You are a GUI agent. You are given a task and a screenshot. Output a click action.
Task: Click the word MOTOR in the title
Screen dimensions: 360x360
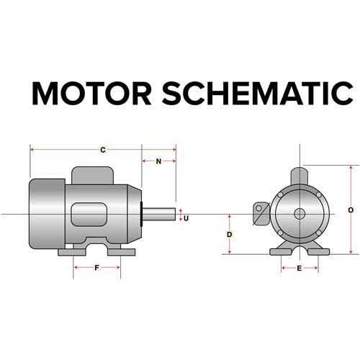pyautogui.click(x=91, y=94)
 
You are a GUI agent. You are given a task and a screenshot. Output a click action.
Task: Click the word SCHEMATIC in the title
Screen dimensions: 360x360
pyautogui.click(x=258, y=94)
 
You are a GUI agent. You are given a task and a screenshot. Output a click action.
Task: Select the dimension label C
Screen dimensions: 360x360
pyautogui.click(x=103, y=150)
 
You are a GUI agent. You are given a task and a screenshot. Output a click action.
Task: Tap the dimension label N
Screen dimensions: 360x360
pyautogui.click(x=158, y=161)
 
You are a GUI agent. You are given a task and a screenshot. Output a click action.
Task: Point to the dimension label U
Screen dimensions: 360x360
pyautogui.click(x=186, y=218)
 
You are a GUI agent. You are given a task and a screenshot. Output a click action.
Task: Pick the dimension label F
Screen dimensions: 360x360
pyautogui.click(x=96, y=268)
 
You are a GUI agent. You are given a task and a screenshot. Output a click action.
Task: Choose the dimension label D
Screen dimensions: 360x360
pyautogui.click(x=230, y=235)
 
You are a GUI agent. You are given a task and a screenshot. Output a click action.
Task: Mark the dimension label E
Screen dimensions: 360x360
pyautogui.click(x=299, y=269)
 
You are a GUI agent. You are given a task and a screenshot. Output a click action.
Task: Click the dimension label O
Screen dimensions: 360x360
pyautogui.click(x=351, y=210)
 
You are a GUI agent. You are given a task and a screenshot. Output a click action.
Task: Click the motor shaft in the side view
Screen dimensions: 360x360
pyautogui.click(x=159, y=215)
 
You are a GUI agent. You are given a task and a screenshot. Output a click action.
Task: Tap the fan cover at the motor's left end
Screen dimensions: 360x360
pyautogui.click(x=47, y=214)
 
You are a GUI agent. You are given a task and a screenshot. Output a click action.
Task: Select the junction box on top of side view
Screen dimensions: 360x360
pyautogui.click(x=93, y=176)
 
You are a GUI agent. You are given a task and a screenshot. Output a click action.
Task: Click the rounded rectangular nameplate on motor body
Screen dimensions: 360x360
pyautogui.click(x=89, y=215)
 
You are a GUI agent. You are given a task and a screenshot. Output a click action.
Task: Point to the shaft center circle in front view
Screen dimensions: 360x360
pyautogui.click(x=300, y=214)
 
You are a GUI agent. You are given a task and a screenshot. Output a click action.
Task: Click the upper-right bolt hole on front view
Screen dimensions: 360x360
pyautogui.click(x=319, y=194)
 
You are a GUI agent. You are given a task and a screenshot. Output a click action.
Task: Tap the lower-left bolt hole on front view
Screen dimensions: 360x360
pyautogui.click(x=280, y=233)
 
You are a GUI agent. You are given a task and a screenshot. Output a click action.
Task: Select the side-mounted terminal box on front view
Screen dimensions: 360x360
pyautogui.click(x=262, y=214)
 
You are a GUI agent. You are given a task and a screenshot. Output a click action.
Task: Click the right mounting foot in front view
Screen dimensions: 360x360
pyautogui.click(x=318, y=252)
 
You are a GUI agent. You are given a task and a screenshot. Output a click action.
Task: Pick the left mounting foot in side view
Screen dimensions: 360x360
pyautogui.click(x=72, y=252)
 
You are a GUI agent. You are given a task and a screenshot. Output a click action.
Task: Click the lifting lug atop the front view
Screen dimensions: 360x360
pyautogui.click(x=300, y=176)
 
